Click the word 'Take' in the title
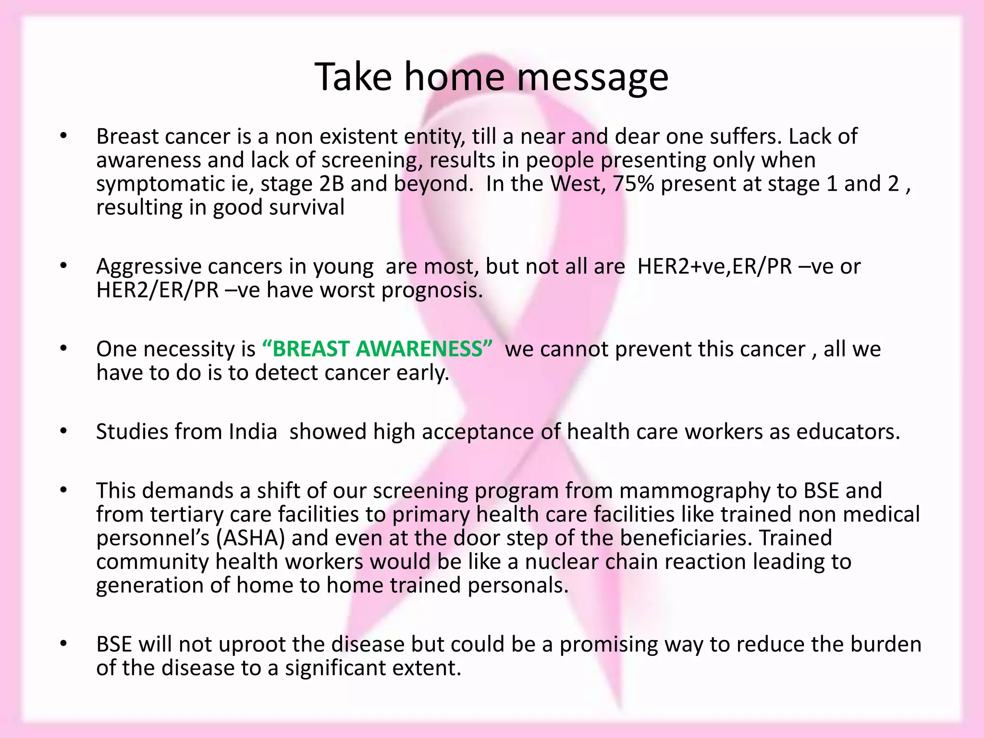click(354, 77)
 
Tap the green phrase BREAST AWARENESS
click(378, 349)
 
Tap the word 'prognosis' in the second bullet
click(431, 291)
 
